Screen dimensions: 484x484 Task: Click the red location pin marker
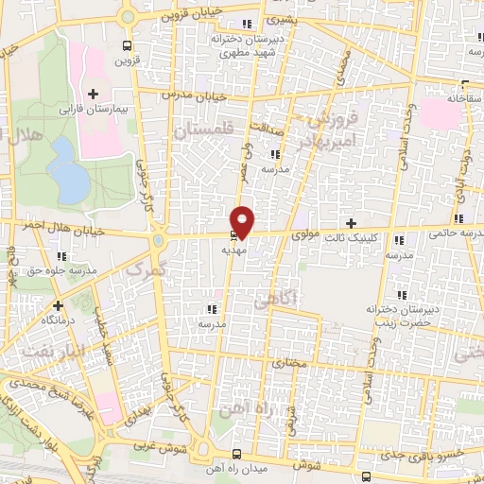243,220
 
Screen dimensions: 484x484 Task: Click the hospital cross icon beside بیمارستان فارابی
93,94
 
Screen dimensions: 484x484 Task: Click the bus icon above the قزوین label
128,44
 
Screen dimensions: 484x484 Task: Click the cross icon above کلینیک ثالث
352,224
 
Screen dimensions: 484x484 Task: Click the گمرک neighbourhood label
145,271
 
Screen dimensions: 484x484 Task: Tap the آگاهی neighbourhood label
275,301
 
